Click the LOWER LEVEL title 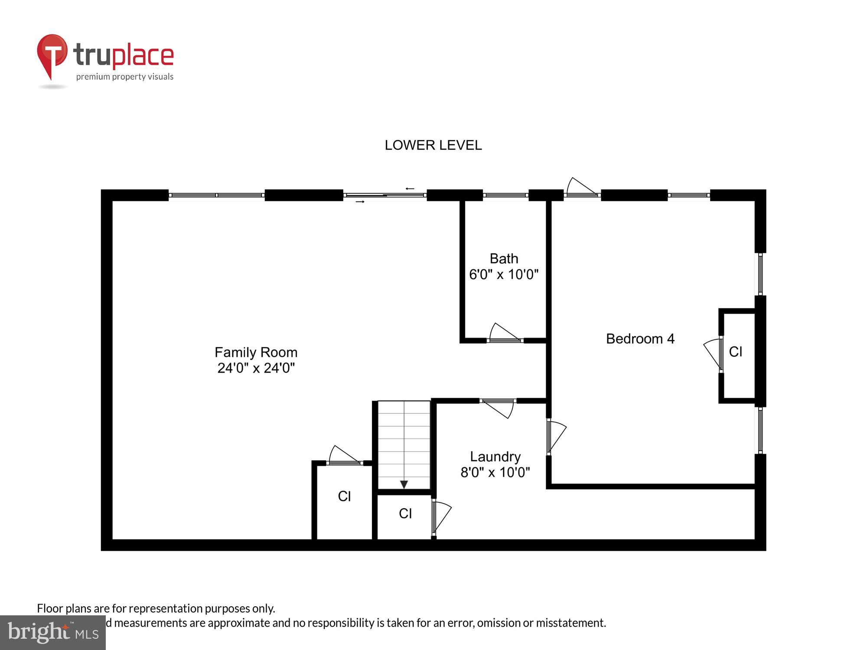pos(433,145)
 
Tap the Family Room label pos(256,352)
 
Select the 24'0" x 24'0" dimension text pos(256,368)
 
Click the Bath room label pos(504,259)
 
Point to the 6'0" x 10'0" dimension pos(504,274)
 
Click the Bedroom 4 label pos(640,338)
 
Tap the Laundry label pos(495,456)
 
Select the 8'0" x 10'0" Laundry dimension pos(495,472)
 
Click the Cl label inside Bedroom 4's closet pos(736,352)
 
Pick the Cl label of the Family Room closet pos(344,496)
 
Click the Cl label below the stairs pos(405,513)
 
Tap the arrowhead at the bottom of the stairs pos(404,484)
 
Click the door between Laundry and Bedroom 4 pos(556,436)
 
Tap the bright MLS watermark pos(52,633)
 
